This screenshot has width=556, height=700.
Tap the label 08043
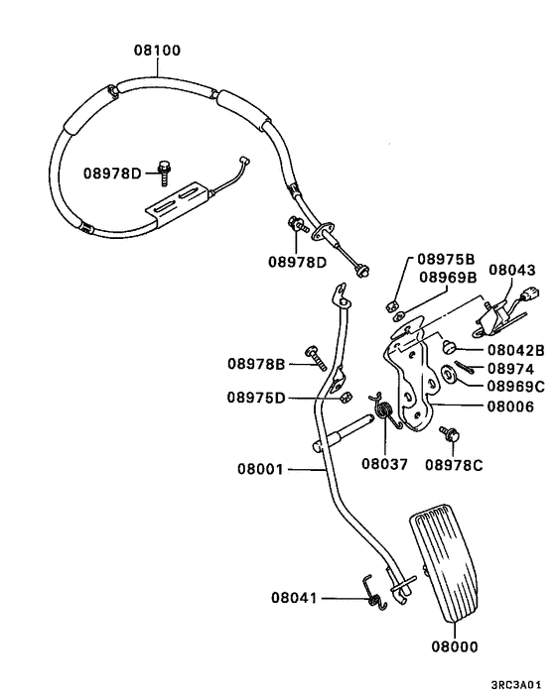[x=511, y=270]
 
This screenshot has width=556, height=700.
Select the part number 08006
[x=508, y=406]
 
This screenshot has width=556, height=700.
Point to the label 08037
[x=384, y=463]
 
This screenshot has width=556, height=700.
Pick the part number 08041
[x=295, y=598]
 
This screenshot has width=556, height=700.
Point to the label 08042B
[x=515, y=350]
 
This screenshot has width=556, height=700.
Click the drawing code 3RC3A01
[x=516, y=684]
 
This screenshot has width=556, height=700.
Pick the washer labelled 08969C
[x=447, y=374]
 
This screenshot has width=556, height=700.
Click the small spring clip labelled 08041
[x=373, y=599]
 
